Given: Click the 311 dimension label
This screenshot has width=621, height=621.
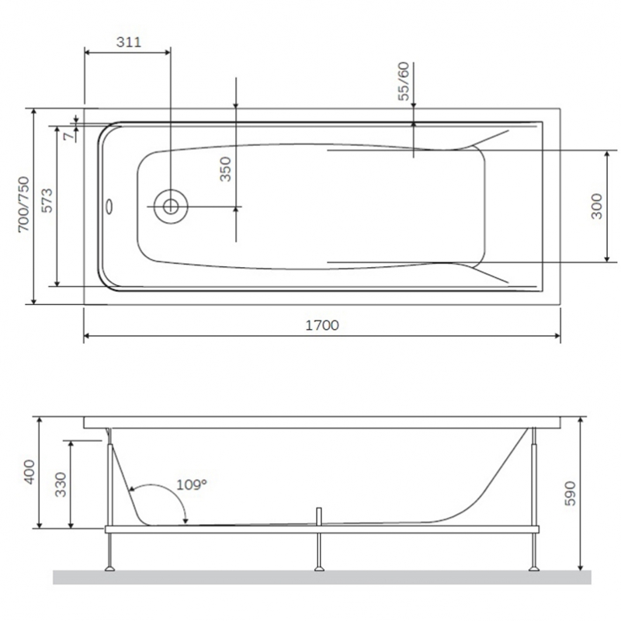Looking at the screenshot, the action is [129, 42].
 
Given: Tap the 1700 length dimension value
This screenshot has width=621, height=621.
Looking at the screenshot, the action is [322, 325].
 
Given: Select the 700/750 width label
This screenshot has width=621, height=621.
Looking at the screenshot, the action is [24, 204].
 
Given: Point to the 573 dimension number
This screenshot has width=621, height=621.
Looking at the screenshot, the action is [47, 201].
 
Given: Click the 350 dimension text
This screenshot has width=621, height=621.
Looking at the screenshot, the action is [225, 169].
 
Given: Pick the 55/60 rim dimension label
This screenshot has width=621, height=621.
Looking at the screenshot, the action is [403, 82].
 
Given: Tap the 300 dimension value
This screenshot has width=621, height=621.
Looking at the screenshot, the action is [596, 206].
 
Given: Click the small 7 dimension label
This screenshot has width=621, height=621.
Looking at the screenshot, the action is [68, 136].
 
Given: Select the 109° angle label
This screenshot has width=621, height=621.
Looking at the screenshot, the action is [192, 484].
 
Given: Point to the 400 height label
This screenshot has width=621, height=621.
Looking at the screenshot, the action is [29, 472].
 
